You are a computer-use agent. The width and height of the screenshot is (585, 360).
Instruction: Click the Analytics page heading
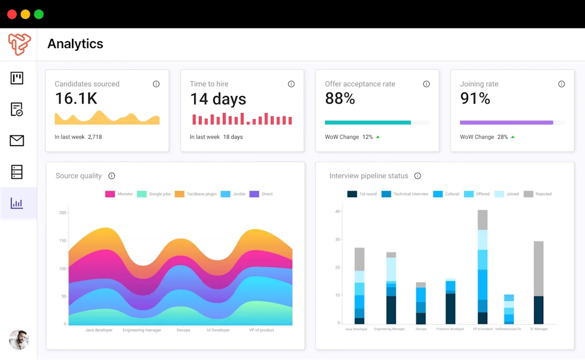pos(75,44)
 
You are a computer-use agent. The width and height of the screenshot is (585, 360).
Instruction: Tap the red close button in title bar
pos(12,14)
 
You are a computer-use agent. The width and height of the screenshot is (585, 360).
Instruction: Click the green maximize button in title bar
pos(39,14)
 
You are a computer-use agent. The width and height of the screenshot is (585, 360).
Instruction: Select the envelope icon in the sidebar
pos(17,141)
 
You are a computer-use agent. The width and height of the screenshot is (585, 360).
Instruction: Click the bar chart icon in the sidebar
pos(17,203)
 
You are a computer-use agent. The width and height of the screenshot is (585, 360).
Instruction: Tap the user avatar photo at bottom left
pos(19,339)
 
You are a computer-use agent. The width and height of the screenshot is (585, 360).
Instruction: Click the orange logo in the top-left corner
pos(19,44)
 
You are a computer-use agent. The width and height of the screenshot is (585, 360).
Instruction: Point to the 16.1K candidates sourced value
pos(76,99)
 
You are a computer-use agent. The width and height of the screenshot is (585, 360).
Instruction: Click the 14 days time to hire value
pos(218,99)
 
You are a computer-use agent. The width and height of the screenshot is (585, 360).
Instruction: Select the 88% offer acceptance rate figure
pos(340,99)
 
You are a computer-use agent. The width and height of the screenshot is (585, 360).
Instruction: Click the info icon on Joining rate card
pos(562,84)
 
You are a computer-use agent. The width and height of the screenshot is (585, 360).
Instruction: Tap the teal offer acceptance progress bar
pos(368,122)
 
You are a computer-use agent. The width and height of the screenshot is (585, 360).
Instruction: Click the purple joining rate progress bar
pos(506,122)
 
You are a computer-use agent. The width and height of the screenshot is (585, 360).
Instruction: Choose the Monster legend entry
pos(119,194)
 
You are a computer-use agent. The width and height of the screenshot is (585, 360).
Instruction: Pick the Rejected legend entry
pos(538,194)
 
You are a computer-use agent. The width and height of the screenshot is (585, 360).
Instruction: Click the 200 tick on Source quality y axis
pos(63,213)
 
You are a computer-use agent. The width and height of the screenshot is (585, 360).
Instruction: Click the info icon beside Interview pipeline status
pos(418,176)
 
